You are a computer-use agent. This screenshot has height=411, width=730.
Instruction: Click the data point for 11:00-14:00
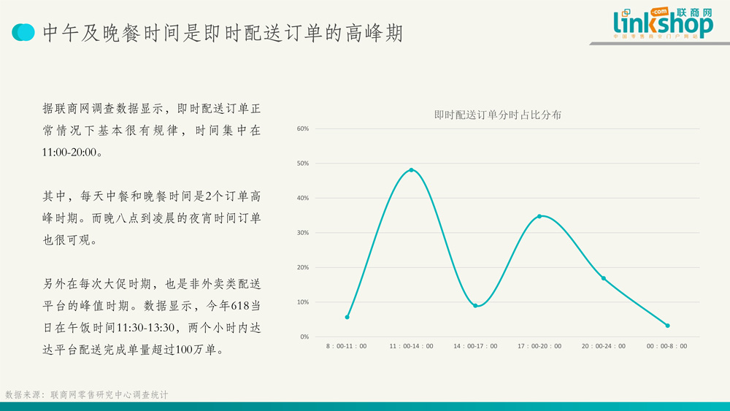point(411,170)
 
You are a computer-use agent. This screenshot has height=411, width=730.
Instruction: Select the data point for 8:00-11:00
point(347,317)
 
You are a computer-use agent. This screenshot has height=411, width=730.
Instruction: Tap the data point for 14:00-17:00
point(475,306)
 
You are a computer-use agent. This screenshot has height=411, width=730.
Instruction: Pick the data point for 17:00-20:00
point(539,216)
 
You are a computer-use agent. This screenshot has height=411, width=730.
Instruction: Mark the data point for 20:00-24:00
point(604,278)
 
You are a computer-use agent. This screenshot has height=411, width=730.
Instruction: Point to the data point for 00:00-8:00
point(668,326)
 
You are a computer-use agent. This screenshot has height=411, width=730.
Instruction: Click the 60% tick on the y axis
point(303,129)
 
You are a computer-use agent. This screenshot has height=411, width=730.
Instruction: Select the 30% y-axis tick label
point(303,233)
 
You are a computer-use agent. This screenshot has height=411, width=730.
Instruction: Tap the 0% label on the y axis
point(304,337)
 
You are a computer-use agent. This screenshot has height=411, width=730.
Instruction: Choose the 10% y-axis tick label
point(303,302)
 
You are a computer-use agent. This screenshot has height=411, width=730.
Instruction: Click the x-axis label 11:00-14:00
point(411,346)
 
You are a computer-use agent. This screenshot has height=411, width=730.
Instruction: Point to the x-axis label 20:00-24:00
point(604,346)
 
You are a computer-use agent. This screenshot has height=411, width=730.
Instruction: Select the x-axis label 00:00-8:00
point(666,346)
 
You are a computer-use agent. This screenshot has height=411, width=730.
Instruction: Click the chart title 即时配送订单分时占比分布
point(498,115)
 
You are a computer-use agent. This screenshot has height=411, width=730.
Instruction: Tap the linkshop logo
point(663,23)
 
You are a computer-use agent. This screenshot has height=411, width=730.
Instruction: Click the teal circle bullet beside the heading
point(23,32)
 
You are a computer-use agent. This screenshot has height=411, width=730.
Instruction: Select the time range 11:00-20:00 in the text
point(69,152)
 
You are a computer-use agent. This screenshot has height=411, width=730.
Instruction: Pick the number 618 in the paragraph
point(240,306)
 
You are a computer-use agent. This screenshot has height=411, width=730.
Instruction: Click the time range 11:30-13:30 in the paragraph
point(146,328)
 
